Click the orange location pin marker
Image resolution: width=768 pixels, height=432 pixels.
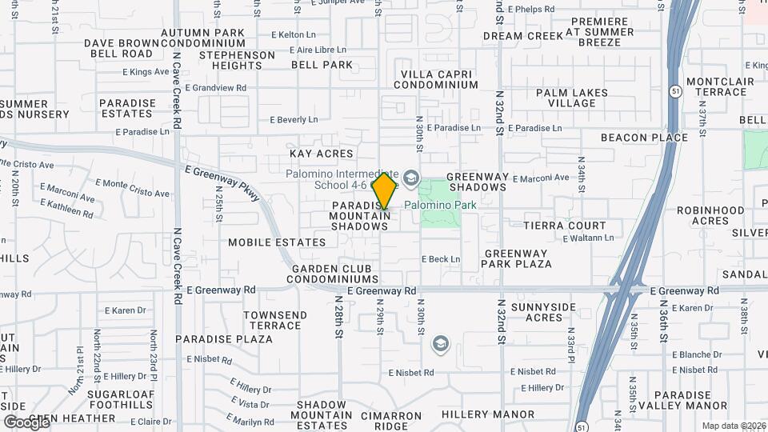point(384,191)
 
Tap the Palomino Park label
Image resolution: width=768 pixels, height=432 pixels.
point(440,205)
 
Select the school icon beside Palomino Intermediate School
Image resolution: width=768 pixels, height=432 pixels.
point(411,177)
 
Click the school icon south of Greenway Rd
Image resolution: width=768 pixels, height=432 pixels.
point(439,345)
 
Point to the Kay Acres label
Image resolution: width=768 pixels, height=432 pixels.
point(321,154)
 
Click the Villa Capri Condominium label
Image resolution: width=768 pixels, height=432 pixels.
point(438,79)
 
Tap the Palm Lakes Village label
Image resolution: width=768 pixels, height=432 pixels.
point(572,98)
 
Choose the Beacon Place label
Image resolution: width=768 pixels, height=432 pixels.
point(644,138)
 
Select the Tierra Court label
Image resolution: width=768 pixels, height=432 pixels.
point(565,226)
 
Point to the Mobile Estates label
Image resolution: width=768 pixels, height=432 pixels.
point(277,242)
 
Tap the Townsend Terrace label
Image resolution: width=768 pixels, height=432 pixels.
point(273,320)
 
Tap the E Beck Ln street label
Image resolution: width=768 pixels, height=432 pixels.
point(442,259)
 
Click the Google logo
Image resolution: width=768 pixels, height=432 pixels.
point(26,422)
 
